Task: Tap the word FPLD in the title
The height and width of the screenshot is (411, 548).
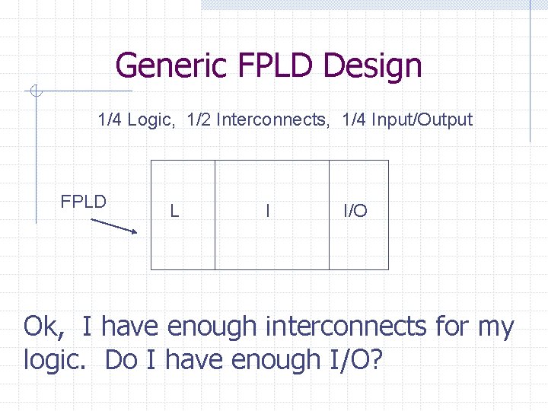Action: click(277, 65)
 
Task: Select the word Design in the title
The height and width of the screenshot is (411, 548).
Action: click(372, 65)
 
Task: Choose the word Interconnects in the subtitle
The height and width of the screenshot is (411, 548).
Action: click(272, 119)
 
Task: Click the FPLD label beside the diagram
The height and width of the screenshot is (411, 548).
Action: click(83, 202)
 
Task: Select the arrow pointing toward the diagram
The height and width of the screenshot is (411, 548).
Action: click(114, 226)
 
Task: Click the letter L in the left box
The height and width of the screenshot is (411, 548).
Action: click(174, 211)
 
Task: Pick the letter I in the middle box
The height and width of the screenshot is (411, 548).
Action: click(267, 211)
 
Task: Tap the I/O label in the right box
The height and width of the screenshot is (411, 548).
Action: click(355, 211)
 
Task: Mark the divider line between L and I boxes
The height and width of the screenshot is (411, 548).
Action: click(215, 215)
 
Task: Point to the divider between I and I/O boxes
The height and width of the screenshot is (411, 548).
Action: click(329, 215)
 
